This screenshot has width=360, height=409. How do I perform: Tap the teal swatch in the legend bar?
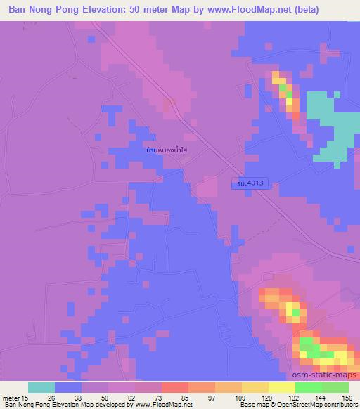click(x=41, y=387)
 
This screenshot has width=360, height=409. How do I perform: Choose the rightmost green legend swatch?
click(x=335, y=387)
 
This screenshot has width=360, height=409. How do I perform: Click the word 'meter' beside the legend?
click(x=11, y=397)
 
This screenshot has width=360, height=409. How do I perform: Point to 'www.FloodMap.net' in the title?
click(x=233, y=10)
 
